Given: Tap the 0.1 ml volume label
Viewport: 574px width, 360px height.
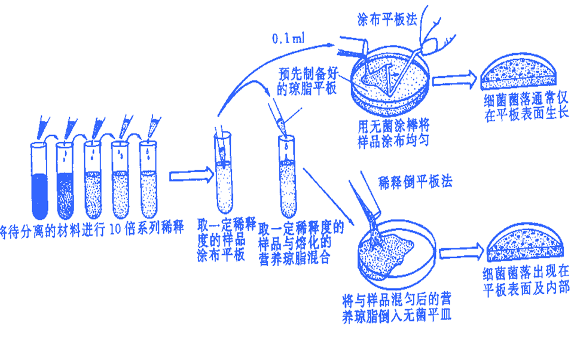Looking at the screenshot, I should click(x=288, y=39).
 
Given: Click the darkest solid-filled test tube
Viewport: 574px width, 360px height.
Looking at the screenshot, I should click(x=39, y=179).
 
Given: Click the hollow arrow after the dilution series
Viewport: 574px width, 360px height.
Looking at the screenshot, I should click(x=190, y=177).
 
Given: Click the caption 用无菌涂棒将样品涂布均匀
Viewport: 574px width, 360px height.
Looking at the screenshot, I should click(x=393, y=133).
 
